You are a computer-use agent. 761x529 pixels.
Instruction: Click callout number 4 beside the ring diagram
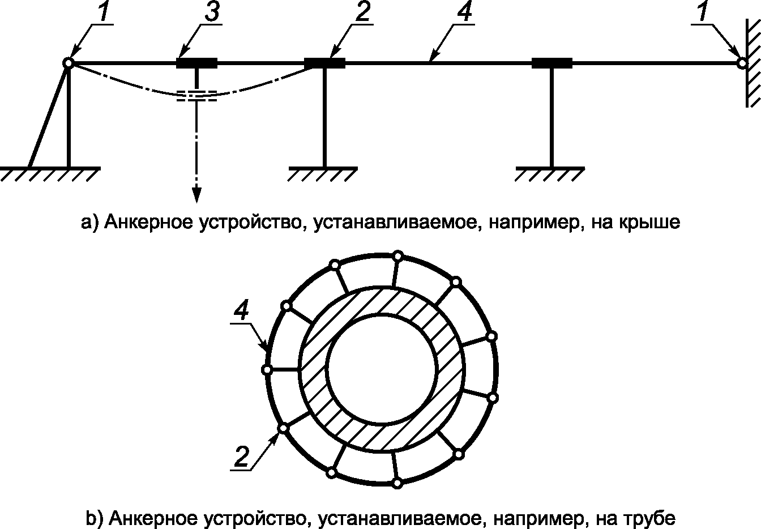242,312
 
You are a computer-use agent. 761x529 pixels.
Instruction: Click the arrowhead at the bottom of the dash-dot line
196,195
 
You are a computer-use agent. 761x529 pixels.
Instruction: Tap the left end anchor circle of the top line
68,63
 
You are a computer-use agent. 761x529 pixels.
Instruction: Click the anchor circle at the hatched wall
741,63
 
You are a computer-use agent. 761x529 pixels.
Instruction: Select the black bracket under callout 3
196,63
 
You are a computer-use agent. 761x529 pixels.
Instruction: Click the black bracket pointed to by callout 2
324,63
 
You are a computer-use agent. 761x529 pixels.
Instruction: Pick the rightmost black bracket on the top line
552,63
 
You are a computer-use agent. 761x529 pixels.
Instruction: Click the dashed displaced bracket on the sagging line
196,96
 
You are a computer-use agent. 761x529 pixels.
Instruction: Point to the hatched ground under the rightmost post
550,173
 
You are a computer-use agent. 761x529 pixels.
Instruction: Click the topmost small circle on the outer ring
398,256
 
